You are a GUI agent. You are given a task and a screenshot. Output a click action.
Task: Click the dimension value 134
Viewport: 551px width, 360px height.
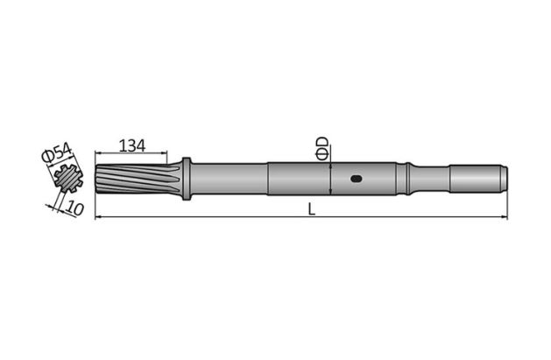click(x=131, y=145)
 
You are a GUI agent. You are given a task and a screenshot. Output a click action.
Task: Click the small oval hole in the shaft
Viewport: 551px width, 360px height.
click(x=355, y=180)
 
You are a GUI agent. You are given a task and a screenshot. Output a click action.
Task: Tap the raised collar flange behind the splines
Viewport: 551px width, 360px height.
click(x=186, y=178)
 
